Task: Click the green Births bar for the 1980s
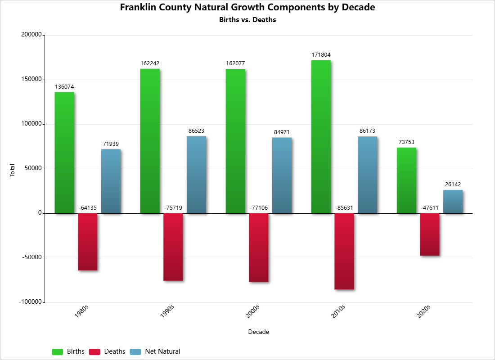tap(64, 153)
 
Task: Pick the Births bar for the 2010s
tap(321, 137)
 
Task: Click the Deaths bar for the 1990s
tap(173, 247)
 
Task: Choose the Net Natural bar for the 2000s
tap(282, 175)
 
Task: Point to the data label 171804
tap(321, 55)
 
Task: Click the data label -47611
tap(430, 208)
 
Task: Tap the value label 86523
tap(196, 131)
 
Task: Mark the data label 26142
tap(453, 184)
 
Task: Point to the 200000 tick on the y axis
tap(31, 35)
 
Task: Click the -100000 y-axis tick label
tap(30, 302)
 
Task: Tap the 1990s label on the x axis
tap(167, 311)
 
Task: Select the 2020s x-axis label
tap(423, 311)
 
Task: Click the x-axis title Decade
tap(259, 332)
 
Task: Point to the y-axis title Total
tap(13, 170)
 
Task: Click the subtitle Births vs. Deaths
tap(247, 20)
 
